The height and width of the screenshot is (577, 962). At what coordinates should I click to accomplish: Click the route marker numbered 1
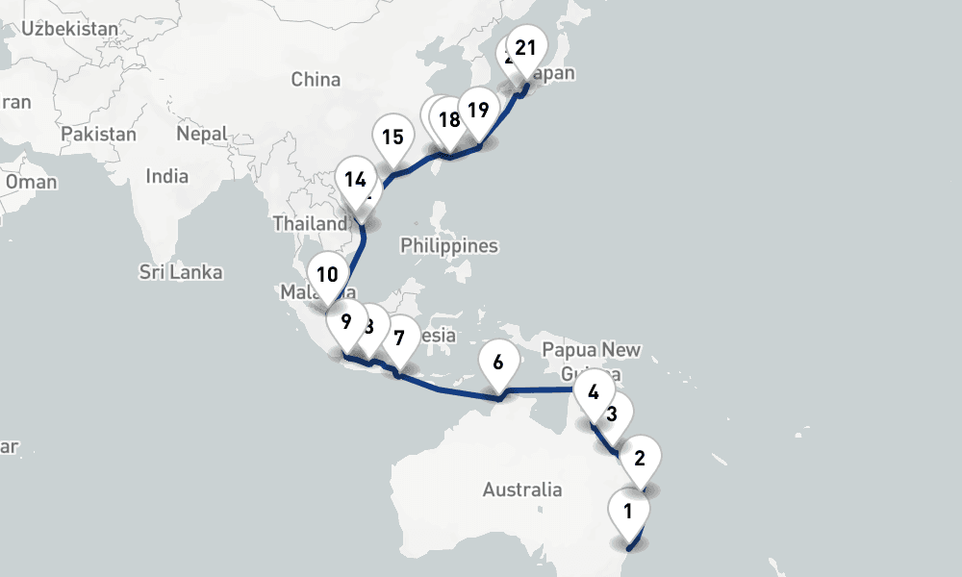click(628, 511)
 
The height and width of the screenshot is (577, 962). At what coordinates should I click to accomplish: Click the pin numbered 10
click(327, 274)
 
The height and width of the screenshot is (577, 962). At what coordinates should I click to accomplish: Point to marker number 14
click(355, 179)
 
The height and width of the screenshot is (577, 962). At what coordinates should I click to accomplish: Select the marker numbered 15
click(392, 137)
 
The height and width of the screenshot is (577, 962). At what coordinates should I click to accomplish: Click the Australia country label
click(522, 489)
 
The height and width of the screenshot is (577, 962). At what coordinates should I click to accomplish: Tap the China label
click(316, 79)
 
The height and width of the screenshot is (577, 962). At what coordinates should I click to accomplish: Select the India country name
click(166, 176)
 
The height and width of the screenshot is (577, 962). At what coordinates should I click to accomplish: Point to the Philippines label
click(449, 245)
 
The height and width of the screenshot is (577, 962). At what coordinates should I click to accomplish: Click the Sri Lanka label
click(181, 272)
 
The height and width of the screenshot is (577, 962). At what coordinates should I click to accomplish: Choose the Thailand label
click(306, 223)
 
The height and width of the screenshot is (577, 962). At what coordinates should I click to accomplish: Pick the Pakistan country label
click(99, 134)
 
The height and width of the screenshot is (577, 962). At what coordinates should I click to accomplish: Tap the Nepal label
click(201, 134)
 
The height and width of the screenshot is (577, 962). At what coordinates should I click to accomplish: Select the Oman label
click(31, 181)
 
